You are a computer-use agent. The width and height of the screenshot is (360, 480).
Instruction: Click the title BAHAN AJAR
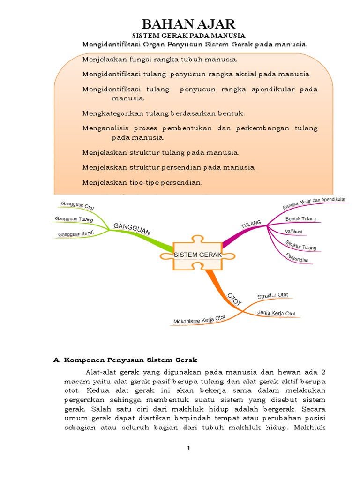pos(189,24)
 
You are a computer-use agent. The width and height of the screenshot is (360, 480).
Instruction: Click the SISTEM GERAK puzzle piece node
pos(197,255)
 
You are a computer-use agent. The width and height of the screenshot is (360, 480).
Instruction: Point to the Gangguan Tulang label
pos(74,219)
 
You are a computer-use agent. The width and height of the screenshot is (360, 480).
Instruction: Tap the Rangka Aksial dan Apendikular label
pos(314,202)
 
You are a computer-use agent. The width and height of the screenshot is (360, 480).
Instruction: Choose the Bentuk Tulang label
pos(300,218)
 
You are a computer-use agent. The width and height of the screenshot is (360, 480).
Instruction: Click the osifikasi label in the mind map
pos(293,232)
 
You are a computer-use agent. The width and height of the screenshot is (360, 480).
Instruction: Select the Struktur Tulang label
pos(301,245)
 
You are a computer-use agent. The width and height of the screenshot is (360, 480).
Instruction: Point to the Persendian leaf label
pos(297,257)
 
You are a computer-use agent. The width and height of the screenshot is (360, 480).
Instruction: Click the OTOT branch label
pos(234,299)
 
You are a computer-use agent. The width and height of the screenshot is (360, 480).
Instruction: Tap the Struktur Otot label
pos(273,296)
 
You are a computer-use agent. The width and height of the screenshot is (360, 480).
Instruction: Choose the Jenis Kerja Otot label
pos(276,313)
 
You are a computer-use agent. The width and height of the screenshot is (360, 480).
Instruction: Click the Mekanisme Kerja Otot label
pos(199,319)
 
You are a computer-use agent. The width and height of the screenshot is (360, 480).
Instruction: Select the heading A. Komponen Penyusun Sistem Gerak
pos(126,360)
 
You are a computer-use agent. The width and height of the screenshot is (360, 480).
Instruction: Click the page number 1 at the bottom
pos(189,448)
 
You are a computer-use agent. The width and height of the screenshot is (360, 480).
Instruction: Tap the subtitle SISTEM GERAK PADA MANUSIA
pos(188,36)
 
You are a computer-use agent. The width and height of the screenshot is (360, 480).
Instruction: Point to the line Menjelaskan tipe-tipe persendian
pos(142,182)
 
